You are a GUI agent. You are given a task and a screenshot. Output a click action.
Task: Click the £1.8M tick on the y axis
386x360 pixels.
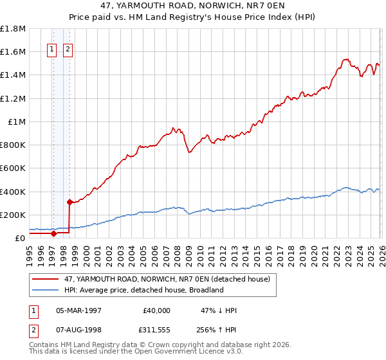[13, 28]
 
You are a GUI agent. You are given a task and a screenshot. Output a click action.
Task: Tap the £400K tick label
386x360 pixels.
[13, 192]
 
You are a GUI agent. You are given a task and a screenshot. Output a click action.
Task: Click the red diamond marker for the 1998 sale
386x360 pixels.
[69, 202]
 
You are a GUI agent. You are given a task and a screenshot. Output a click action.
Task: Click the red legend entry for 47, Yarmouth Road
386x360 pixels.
[170, 279]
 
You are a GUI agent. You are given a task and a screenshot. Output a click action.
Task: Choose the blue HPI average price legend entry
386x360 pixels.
[143, 290]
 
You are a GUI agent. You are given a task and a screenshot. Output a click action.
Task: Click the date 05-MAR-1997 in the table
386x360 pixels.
[79, 310]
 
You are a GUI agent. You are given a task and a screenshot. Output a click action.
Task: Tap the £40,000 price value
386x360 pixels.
[156, 310]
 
